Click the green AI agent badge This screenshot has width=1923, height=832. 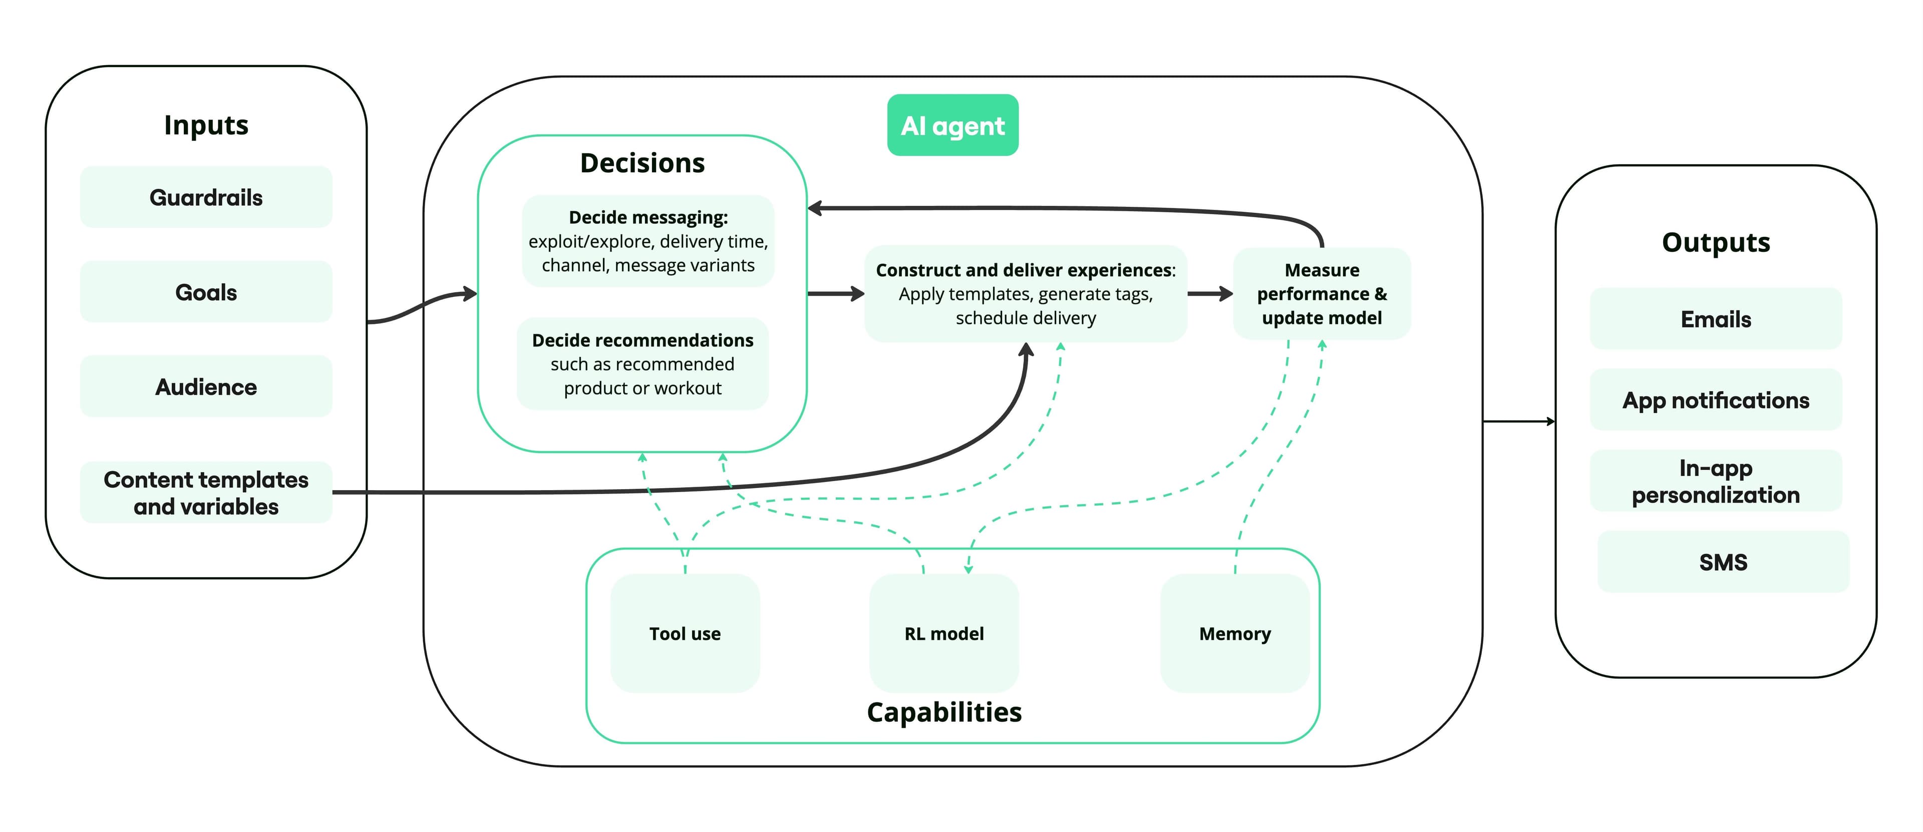pos(952,125)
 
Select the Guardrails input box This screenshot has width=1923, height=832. pos(206,197)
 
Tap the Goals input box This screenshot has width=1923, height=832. pos(206,292)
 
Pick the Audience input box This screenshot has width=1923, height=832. pos(206,386)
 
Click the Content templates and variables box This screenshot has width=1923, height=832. pos(206,493)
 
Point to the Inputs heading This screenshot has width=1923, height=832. pos(206,125)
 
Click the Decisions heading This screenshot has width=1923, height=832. pos(642,163)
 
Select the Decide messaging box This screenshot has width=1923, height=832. pos(648,241)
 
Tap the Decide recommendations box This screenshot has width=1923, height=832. pos(642,364)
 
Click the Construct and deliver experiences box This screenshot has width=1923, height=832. pos(1025,293)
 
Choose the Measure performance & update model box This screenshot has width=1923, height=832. pos(1322,293)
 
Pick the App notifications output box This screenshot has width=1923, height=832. pos(1716,400)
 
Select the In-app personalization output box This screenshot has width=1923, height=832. pos(1716,481)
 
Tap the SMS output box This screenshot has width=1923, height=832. pos(1723,561)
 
